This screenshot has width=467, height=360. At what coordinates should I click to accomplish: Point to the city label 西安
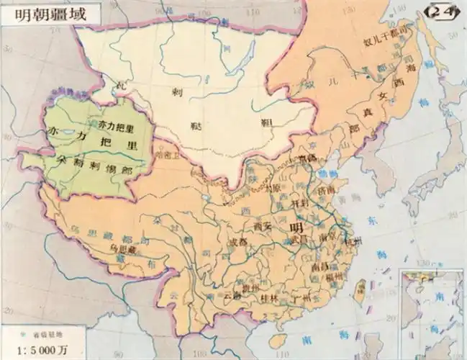click(264, 226)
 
